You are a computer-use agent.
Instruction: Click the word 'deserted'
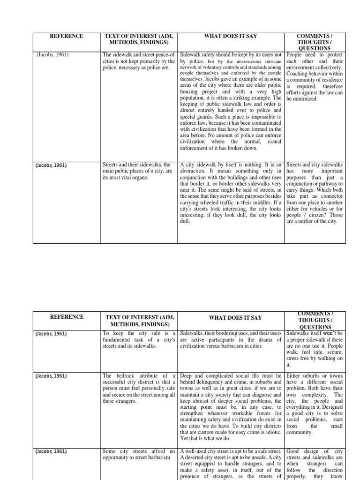pos(197,458)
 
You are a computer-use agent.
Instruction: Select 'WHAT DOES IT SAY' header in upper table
pos(231,36)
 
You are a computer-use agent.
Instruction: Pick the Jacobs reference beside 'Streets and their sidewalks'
pos(51,165)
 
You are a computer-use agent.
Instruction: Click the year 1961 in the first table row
pos(60,55)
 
